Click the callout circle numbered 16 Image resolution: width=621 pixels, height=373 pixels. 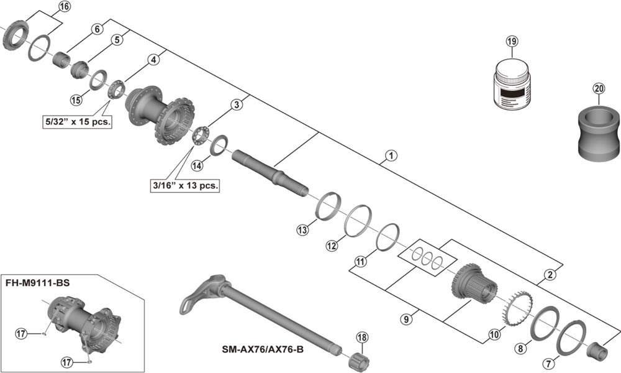tap(65, 7)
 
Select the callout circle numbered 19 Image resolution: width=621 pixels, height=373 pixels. tap(511, 42)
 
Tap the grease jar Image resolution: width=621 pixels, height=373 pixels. tap(512, 85)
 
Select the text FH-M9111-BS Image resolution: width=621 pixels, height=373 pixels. tap(38, 283)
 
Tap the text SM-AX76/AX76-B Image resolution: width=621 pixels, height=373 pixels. tap(264, 349)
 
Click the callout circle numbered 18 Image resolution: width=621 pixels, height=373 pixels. tap(362, 338)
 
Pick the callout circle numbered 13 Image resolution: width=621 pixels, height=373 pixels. tap(302, 231)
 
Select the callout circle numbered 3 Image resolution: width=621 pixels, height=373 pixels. tap(237, 105)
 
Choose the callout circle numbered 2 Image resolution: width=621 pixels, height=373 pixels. tap(550, 274)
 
